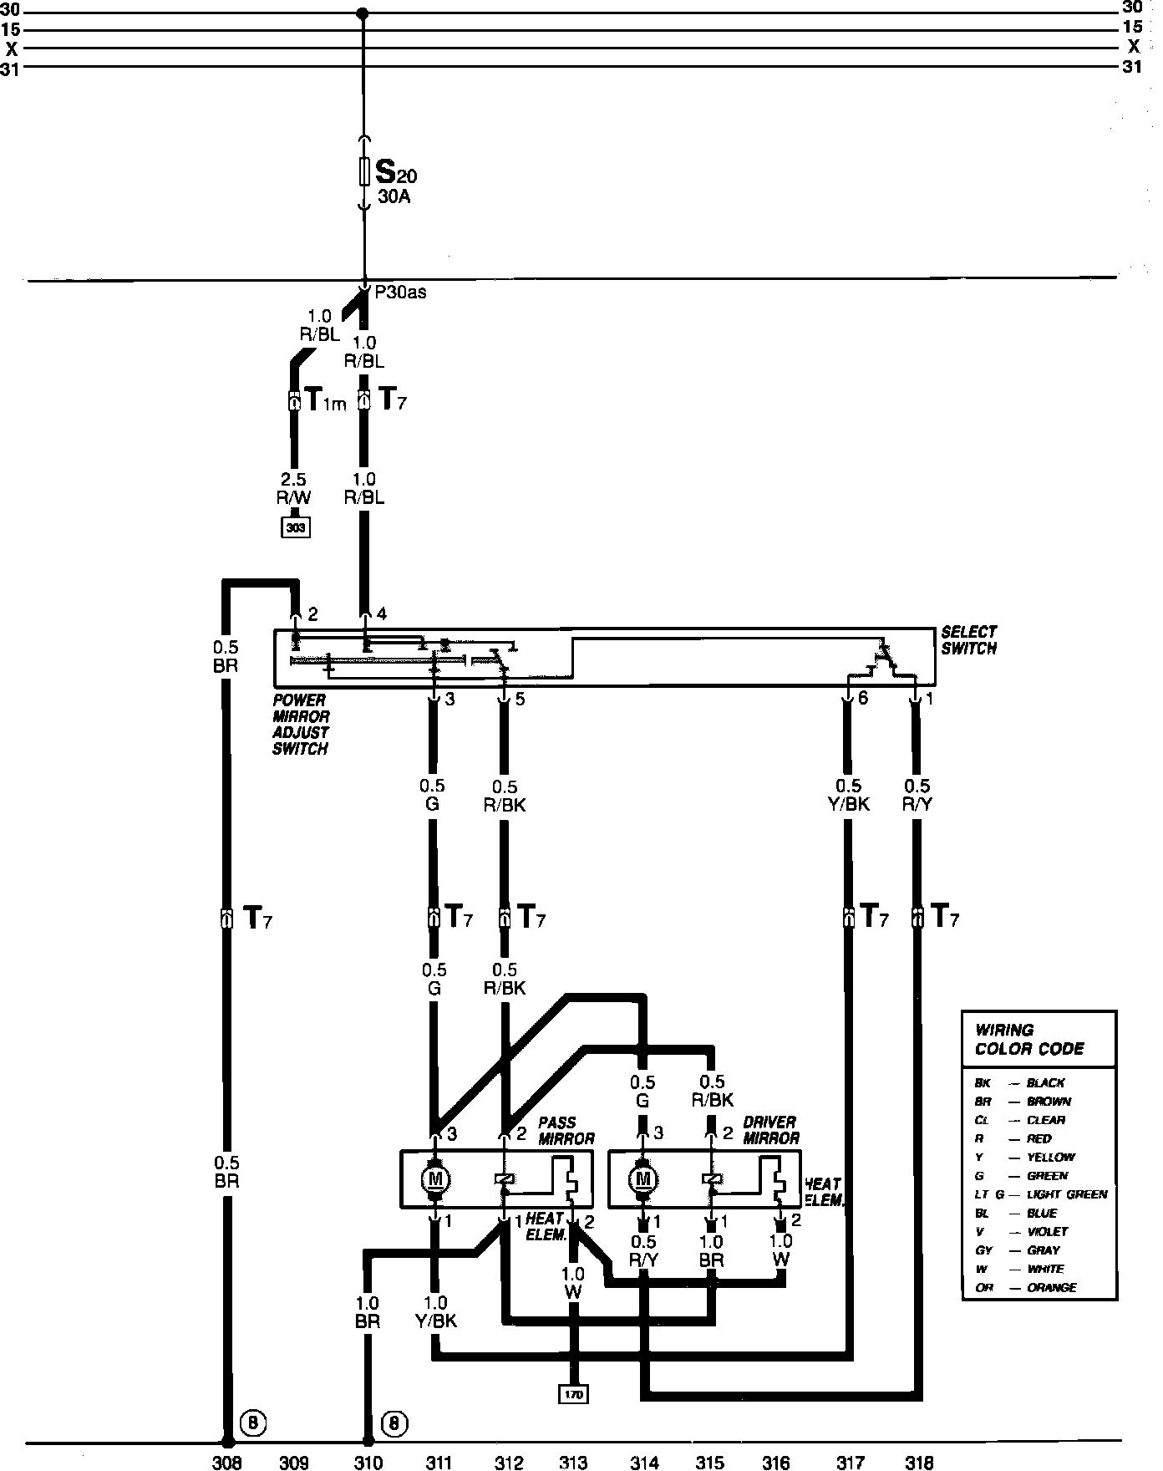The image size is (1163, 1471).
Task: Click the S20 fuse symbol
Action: [x=364, y=172]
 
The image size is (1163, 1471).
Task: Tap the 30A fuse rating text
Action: [x=394, y=199]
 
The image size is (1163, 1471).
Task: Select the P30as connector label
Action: [x=400, y=293]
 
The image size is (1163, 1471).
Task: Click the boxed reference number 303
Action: [x=295, y=528]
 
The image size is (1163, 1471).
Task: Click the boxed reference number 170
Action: [x=574, y=1394]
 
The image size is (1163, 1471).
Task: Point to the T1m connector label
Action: [x=324, y=402]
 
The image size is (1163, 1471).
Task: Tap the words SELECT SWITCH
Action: [x=969, y=640]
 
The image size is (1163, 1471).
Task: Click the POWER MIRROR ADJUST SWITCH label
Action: [x=301, y=725]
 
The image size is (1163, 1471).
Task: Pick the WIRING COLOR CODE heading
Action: [x=1029, y=1040]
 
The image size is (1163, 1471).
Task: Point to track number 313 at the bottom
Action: [x=573, y=1463]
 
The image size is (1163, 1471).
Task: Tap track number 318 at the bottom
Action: [x=919, y=1463]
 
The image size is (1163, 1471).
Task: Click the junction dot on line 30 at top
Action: [x=362, y=13]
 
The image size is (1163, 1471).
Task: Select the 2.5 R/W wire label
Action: [x=293, y=489]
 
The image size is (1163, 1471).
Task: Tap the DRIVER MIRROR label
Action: [x=770, y=1130]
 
